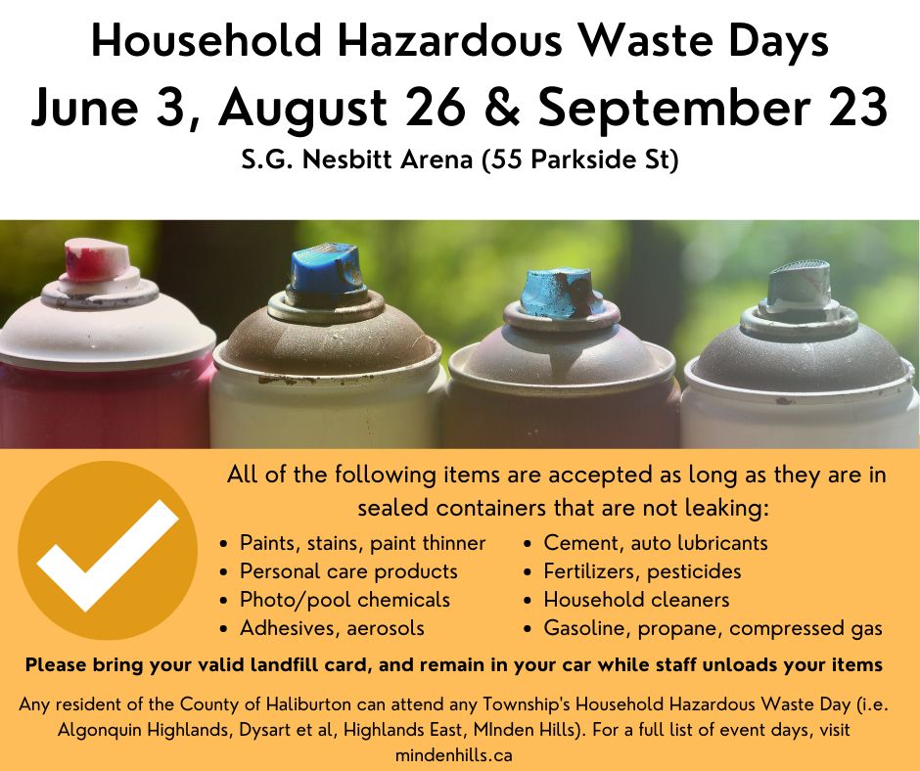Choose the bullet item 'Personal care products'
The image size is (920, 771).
348,570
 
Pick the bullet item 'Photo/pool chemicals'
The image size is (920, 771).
345,599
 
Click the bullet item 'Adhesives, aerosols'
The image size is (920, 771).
332,627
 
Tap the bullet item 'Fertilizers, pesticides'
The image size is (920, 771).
642,570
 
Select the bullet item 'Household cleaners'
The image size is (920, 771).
636,599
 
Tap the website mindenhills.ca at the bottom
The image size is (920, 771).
461,754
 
